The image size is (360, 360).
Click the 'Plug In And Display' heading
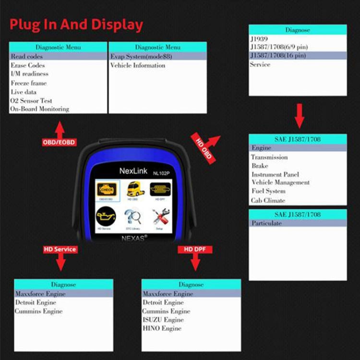click(76, 24)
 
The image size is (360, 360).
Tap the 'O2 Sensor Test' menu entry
click(31, 101)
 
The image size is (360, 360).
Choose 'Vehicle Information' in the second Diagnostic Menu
click(138, 65)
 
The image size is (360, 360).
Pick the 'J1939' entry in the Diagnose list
click(259, 39)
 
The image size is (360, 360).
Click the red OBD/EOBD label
click(59, 143)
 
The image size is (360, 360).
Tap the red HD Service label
click(60, 249)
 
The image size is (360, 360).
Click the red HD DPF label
click(195, 249)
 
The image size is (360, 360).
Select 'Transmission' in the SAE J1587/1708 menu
click(269, 157)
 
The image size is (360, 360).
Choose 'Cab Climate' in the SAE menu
click(268, 201)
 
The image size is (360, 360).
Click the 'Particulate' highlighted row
click(267, 223)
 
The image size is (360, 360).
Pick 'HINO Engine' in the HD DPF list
click(162, 328)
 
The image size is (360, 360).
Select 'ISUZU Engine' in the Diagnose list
click(163, 320)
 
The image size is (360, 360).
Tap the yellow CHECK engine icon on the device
click(107, 190)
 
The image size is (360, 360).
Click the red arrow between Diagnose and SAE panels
click(299, 117)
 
